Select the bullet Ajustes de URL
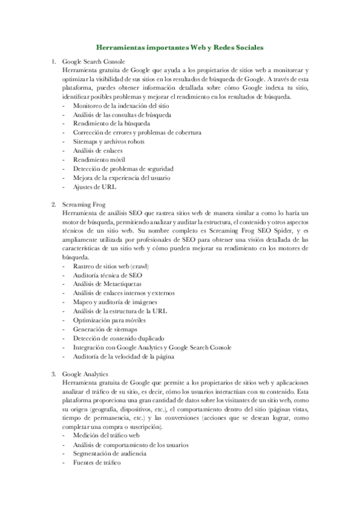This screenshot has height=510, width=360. click(x=94, y=186)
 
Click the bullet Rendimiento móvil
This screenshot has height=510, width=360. click(x=100, y=159)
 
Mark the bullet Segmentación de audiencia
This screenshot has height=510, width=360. click(x=111, y=453)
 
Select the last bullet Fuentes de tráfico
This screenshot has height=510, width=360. click(x=96, y=462)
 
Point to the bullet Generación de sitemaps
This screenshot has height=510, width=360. click(x=105, y=329)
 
